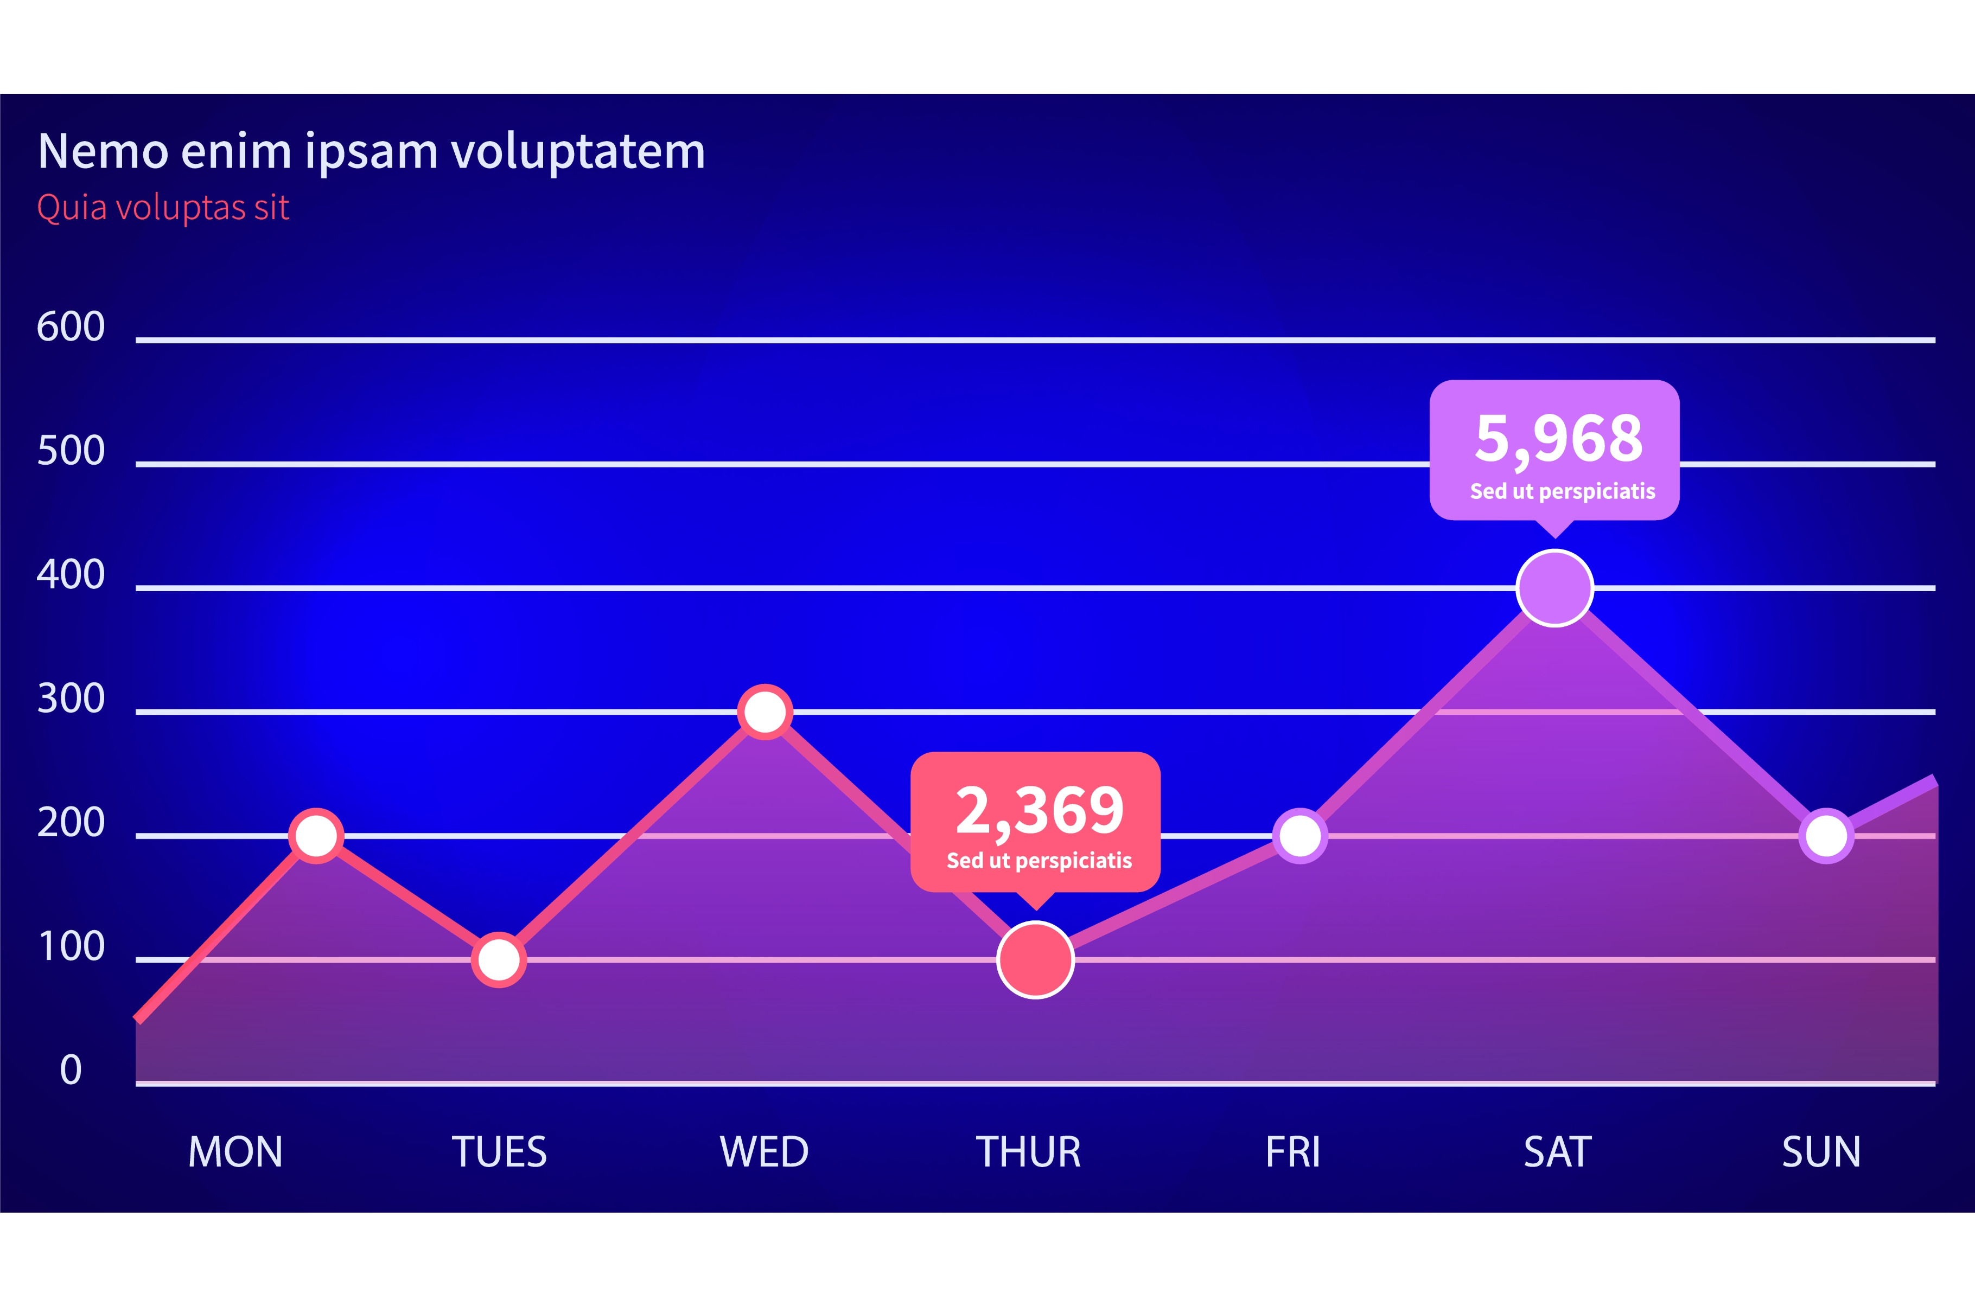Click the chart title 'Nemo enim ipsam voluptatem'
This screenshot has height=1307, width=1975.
[372, 152]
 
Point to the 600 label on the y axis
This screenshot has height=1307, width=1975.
[71, 326]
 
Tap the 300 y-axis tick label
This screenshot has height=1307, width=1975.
[71, 699]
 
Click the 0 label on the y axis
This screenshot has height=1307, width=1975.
[71, 1070]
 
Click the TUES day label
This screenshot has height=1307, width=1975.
[499, 1152]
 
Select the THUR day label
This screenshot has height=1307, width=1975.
[1028, 1152]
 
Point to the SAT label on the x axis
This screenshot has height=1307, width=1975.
[1557, 1152]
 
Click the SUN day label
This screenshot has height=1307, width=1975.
[1821, 1152]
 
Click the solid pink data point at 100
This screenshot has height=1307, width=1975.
[1035, 959]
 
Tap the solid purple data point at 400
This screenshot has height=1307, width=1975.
[1555, 588]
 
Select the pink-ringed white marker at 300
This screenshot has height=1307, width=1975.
[764, 712]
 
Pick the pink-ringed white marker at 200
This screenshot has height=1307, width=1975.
[316, 835]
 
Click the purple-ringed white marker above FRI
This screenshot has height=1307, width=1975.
[1299, 835]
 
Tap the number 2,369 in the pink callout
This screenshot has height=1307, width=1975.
[1039, 810]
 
